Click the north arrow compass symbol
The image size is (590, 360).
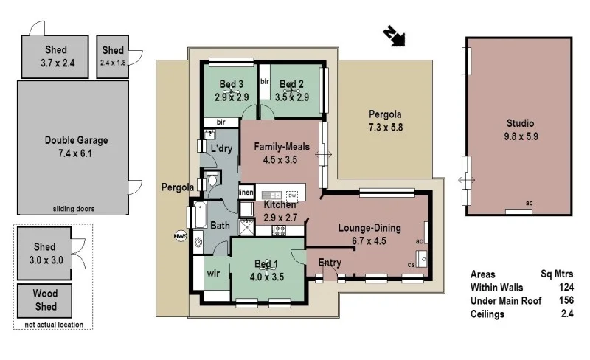tap(395, 36)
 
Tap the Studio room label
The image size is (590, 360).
tap(519, 123)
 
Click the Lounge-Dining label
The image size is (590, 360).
tap(369, 228)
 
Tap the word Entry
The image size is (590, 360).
tap(330, 263)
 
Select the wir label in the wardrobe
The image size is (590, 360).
tap(213, 274)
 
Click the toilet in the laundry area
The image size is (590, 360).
tap(212, 179)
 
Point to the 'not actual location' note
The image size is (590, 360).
tap(53, 325)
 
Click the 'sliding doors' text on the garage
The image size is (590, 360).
tap(73, 209)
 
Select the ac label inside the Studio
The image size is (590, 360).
tap(528, 203)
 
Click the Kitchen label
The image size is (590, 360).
tap(280, 204)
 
